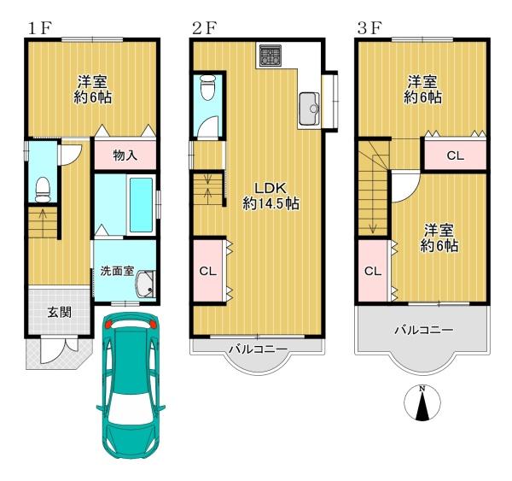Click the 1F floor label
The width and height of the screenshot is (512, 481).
[39, 28]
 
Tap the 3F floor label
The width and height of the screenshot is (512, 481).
[369, 28]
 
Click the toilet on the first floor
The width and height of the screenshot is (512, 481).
[43, 189]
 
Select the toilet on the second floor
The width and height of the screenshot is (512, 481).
[208, 87]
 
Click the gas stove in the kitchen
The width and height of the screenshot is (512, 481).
[271, 55]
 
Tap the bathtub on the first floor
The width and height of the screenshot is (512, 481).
[141, 205]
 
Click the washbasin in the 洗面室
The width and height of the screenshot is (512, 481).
[146, 284]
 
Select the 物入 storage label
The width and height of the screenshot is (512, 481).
[125, 155]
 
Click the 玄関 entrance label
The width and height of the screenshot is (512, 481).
[60, 313]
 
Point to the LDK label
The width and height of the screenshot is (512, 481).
[271, 188]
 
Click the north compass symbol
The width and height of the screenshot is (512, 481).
[422, 402]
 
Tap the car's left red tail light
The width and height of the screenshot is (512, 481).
[108, 324]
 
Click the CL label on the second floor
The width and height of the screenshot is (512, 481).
[208, 271]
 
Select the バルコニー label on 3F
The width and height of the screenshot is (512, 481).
[424, 330]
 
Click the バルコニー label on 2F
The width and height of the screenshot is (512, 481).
[258, 349]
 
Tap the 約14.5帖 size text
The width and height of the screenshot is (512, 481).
[271, 204]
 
